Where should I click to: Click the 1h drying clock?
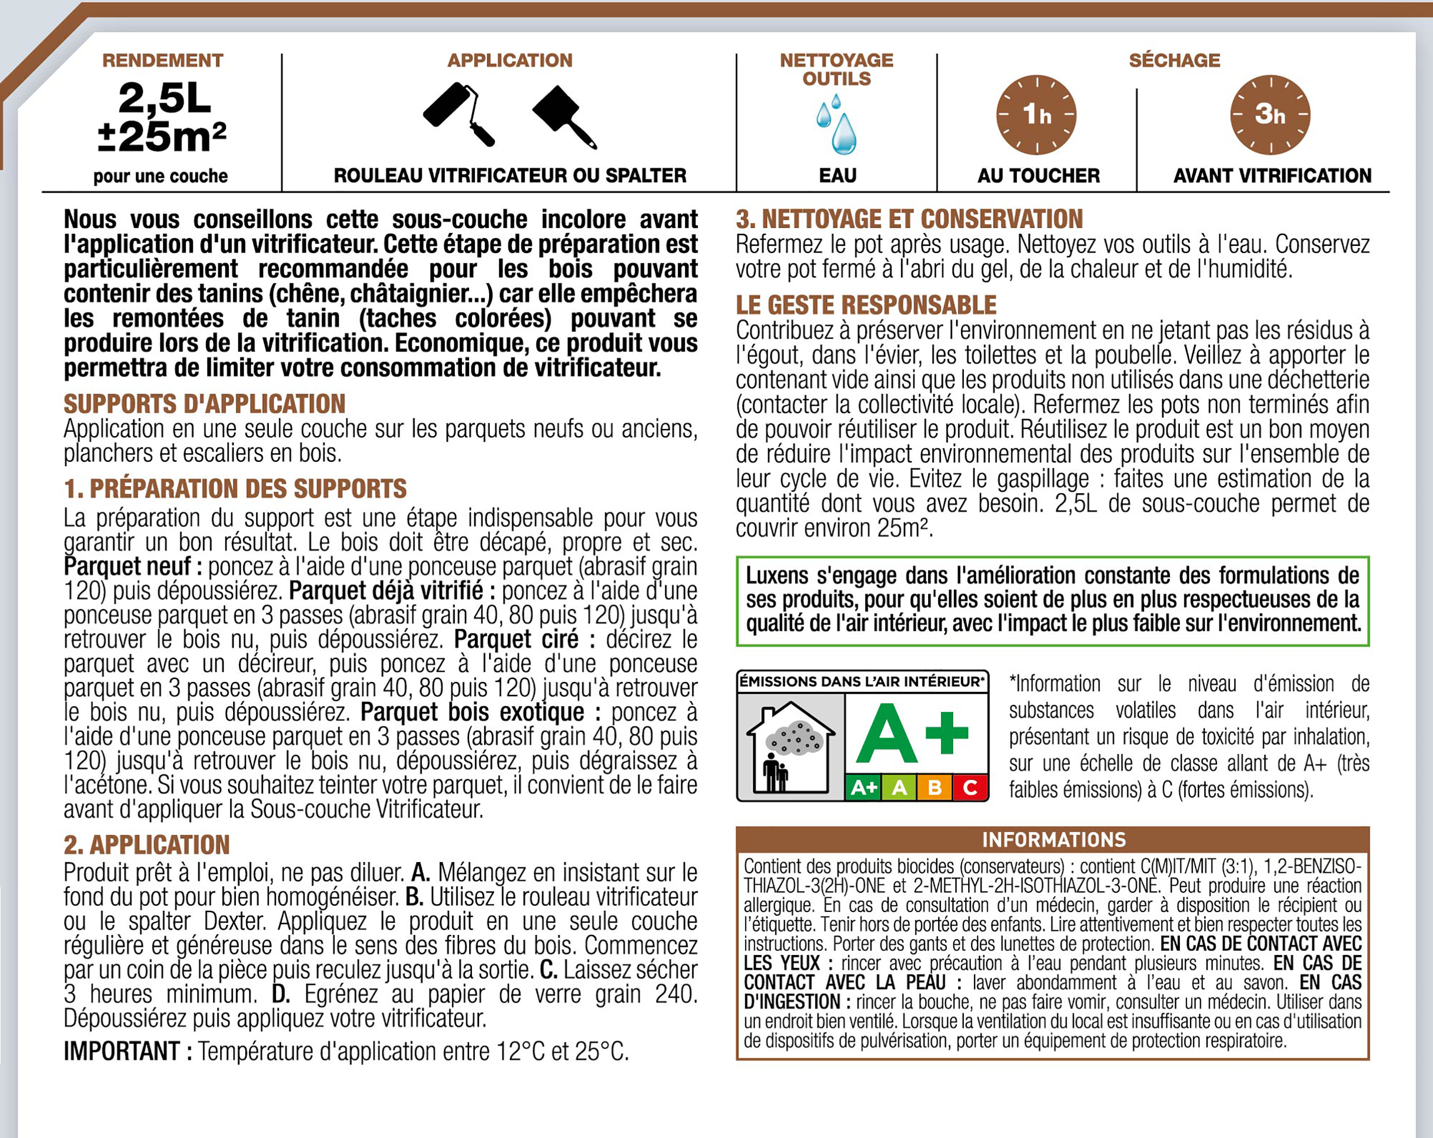(1036, 115)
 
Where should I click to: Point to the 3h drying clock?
(1270, 115)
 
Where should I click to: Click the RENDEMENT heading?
(163, 61)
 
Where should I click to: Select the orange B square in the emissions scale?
(934, 788)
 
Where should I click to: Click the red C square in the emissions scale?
(970, 788)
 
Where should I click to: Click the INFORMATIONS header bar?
(1053, 840)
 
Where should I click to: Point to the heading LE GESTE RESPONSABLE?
(866, 305)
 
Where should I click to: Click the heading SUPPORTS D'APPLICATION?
(205, 404)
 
